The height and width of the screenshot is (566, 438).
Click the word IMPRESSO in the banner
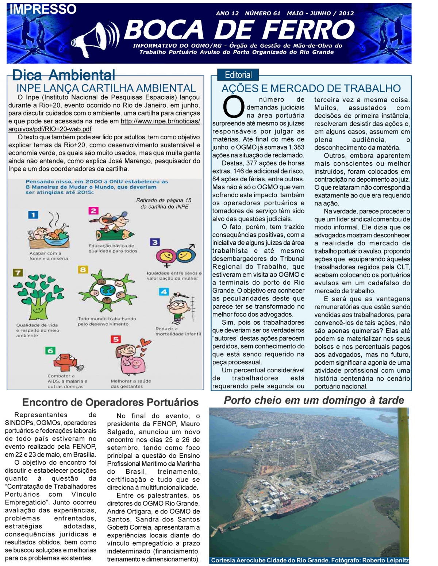[x=43, y=9]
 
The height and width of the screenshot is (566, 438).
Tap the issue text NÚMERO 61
[x=262, y=13]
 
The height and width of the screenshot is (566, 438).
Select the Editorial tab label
[x=238, y=75]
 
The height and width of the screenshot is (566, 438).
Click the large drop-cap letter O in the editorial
[x=233, y=107]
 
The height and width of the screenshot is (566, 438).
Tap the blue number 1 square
[x=33, y=215]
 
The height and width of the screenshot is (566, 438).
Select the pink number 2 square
[x=93, y=211]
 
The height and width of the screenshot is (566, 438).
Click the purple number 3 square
[x=155, y=243]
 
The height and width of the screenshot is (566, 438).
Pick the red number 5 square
[x=116, y=339]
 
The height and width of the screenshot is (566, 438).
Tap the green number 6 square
[x=50, y=351]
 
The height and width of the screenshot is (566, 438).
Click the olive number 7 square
[x=18, y=273]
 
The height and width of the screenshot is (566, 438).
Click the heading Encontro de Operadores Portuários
[x=110, y=402]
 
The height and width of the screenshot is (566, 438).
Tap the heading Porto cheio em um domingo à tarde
[x=314, y=400]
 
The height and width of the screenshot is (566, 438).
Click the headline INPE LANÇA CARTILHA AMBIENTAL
[x=106, y=88]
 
